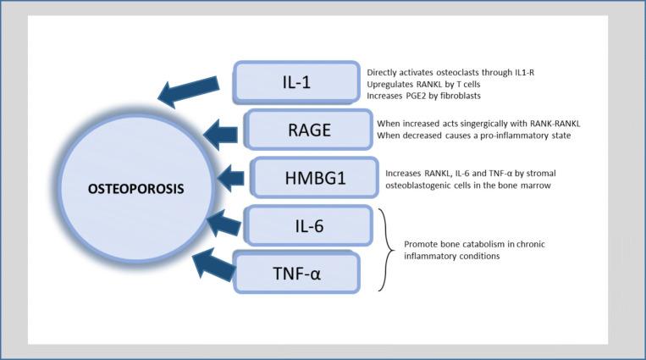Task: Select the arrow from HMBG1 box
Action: tap(229, 178)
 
